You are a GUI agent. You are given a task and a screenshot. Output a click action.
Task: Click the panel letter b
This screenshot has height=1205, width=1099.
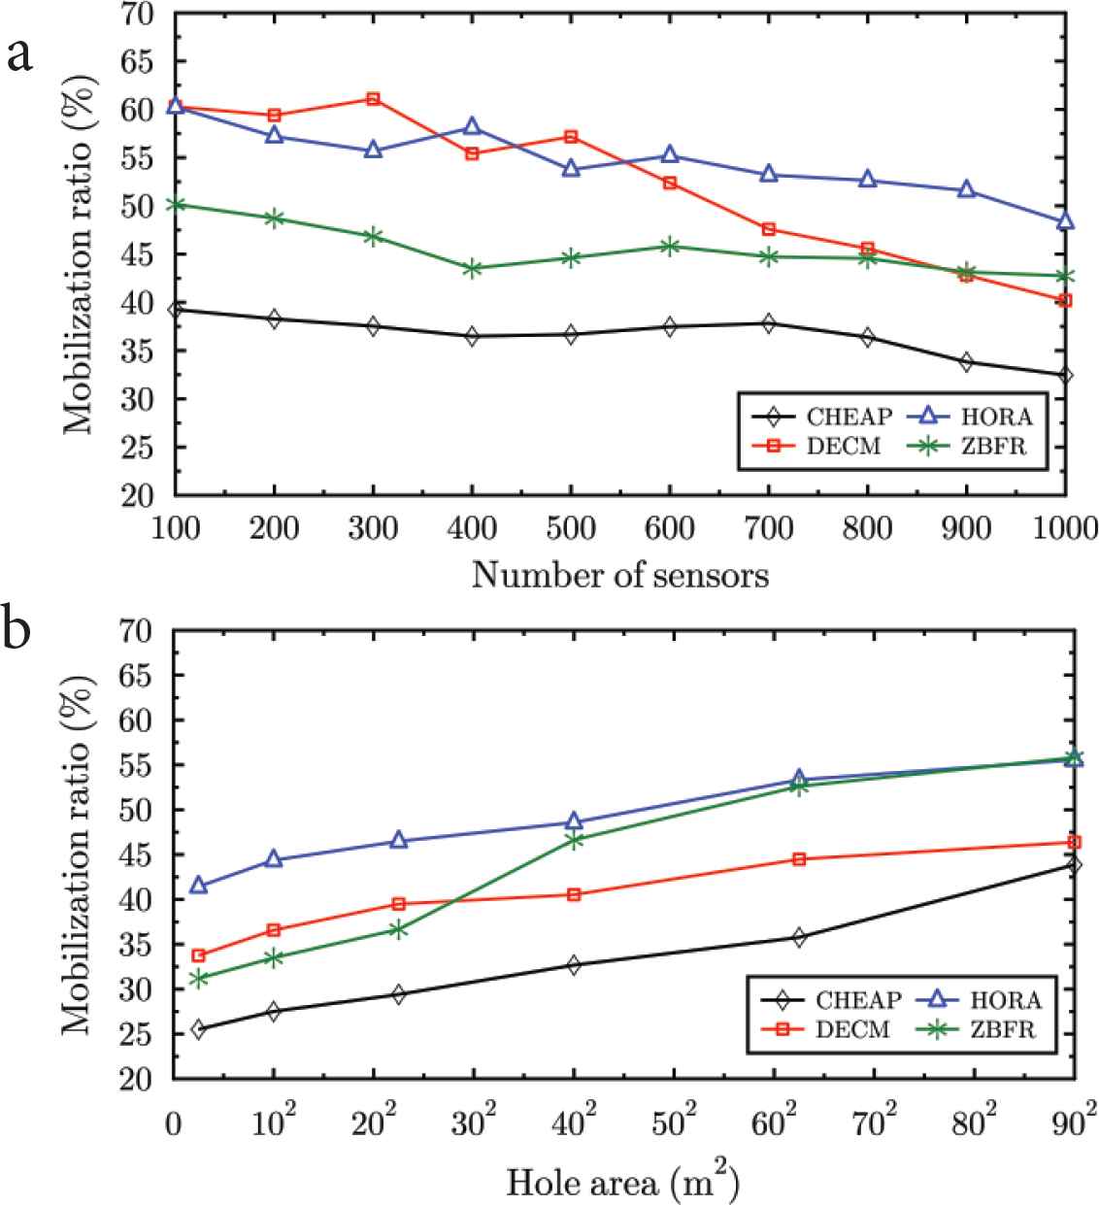point(21,631)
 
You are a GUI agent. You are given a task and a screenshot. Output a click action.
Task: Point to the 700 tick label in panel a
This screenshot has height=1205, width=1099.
point(768,528)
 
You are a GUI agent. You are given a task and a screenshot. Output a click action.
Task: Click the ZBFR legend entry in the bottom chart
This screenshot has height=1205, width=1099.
point(1002,1029)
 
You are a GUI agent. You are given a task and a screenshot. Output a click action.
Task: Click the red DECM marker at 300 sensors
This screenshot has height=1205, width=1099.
point(373,99)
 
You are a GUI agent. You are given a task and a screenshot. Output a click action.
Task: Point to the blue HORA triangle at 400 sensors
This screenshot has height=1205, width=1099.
point(472,126)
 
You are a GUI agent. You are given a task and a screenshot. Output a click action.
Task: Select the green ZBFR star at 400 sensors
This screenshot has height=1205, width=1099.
point(472,268)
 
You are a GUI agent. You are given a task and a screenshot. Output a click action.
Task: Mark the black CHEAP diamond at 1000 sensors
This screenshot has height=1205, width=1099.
point(1065,375)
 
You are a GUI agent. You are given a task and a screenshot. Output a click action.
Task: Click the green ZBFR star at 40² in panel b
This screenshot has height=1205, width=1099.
point(574,841)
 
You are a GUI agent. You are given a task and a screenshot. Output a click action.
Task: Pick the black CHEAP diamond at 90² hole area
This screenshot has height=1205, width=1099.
point(1074,864)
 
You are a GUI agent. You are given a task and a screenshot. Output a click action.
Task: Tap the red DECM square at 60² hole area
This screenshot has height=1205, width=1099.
point(799,859)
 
